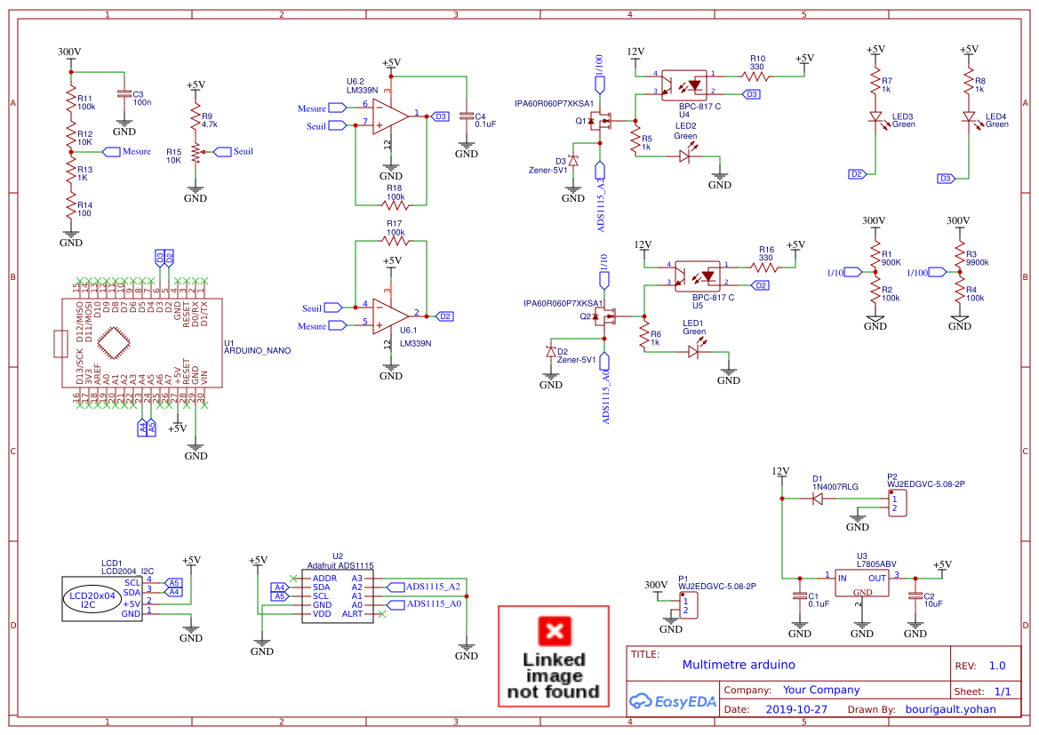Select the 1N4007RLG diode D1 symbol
pos(818,499)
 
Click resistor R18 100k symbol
pos(394,204)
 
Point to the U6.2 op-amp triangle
pos(389,116)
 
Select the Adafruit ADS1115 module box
pos(338,596)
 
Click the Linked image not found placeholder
pos(553,656)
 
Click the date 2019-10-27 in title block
pos(795,709)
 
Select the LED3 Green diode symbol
pos(875,116)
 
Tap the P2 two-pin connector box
pos(897,503)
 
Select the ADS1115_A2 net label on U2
pos(431,587)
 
